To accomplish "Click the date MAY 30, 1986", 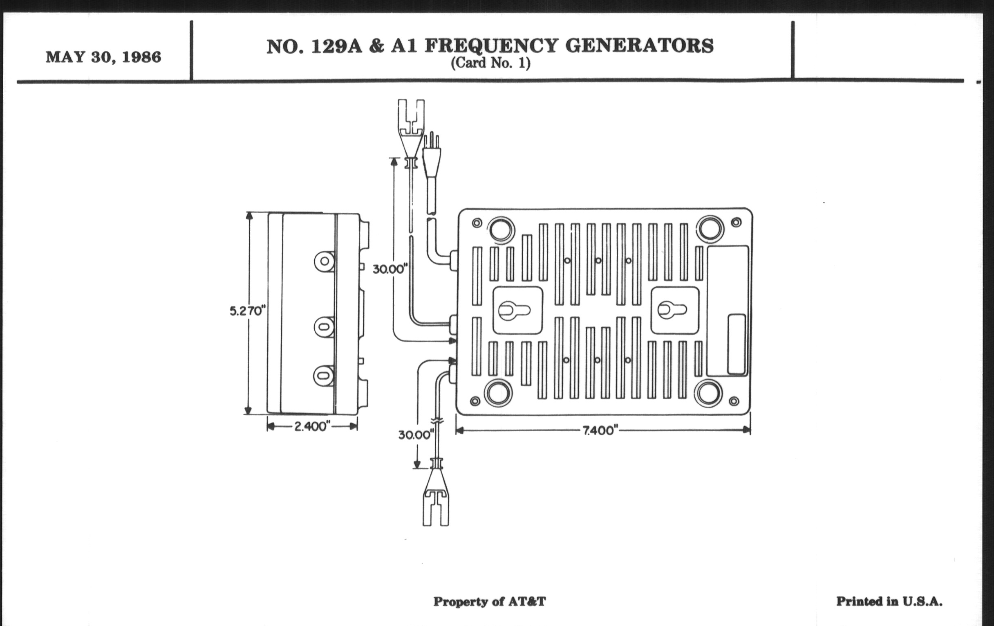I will (103, 57).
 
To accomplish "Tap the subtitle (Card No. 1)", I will (490, 63).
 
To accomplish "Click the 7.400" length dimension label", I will (601, 430).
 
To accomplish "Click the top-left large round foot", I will (501, 228).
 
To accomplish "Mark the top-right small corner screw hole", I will (736, 223).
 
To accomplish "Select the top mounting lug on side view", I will (325, 261).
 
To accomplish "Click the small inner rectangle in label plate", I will (736, 344).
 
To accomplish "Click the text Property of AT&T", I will (489, 601).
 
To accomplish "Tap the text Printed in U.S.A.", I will (889, 601).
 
